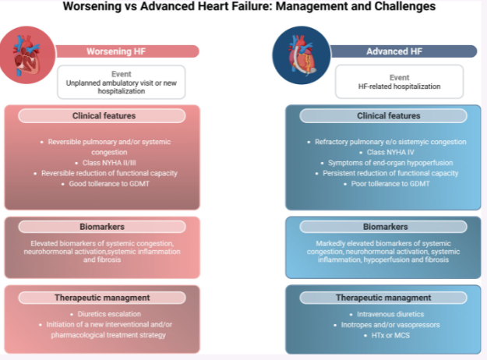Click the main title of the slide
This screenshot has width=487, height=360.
244,8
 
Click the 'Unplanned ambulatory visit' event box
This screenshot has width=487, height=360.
122,81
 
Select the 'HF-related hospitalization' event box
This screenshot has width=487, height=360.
399,81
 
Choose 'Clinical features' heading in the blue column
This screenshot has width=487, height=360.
388,116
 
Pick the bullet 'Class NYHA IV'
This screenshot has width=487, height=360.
387,153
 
